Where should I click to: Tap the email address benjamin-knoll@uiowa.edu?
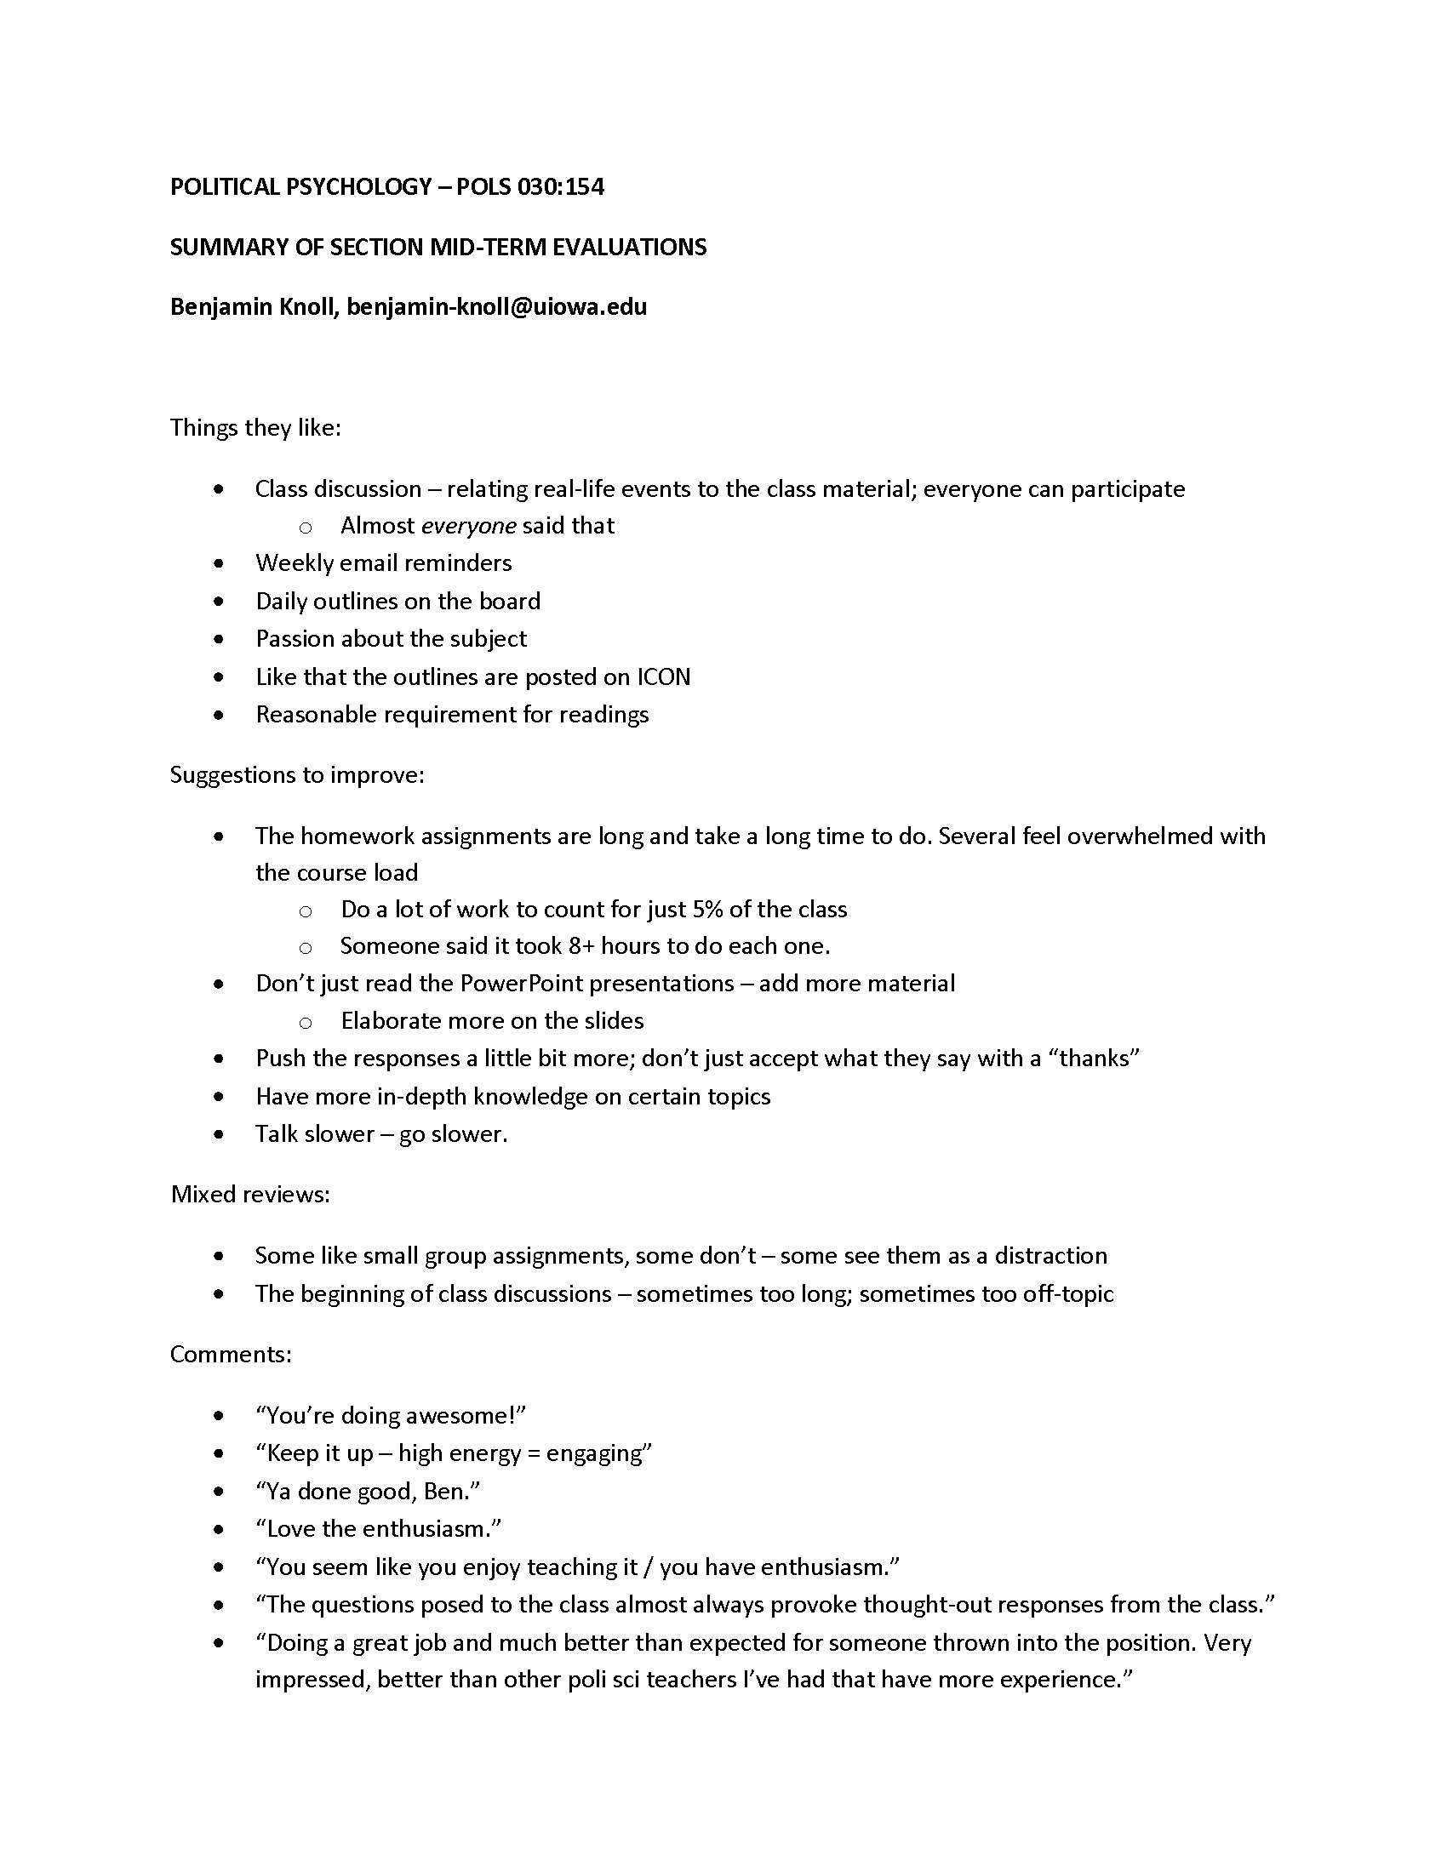496,306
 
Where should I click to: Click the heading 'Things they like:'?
255,427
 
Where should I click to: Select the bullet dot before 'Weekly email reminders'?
220,563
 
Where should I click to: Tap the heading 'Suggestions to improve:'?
296,774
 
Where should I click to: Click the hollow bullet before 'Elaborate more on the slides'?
305,1022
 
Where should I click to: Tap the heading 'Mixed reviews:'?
250,1194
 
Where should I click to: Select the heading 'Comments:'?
231,1354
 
